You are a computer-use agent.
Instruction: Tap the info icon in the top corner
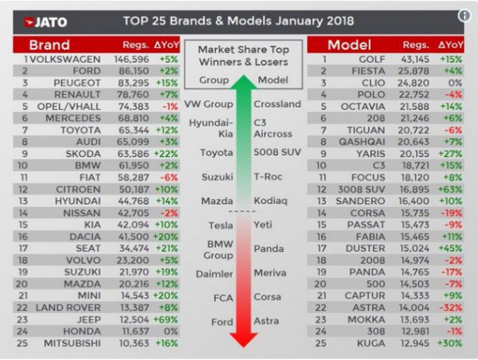click(x=464, y=16)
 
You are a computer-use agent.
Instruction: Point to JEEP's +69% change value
click(x=170, y=319)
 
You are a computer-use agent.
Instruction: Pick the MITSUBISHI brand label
click(x=75, y=344)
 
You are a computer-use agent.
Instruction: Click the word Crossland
click(x=276, y=104)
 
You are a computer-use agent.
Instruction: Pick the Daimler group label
click(x=214, y=274)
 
